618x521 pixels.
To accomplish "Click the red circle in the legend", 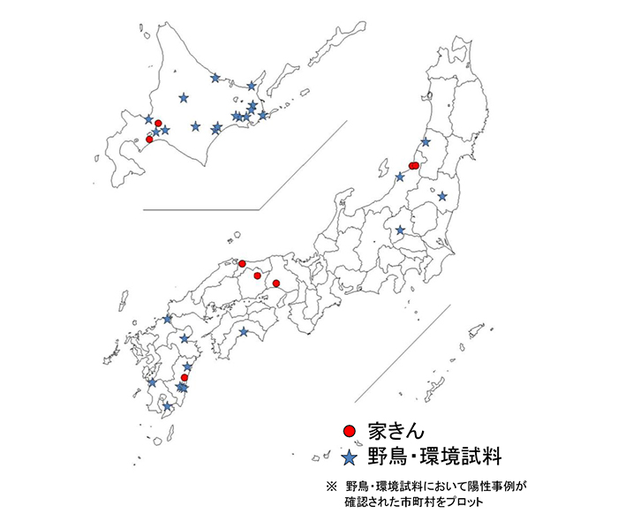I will (350, 430).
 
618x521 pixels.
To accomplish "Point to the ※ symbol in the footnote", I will (331, 485).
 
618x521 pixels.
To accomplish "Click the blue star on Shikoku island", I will (244, 332).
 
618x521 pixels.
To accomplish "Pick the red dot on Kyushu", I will (185, 378).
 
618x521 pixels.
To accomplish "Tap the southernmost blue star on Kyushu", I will (168, 406).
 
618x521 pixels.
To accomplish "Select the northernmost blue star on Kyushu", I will (168, 319).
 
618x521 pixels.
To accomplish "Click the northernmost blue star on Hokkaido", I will (215, 78).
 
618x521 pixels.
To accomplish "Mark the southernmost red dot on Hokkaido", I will (149, 140).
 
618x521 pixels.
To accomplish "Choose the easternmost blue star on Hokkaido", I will (262, 116).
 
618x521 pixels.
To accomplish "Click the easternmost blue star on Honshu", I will (442, 196).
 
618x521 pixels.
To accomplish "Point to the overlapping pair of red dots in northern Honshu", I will (413, 166).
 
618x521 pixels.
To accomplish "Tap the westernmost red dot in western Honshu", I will (242, 263).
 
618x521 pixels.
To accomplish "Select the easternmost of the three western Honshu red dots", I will (276, 283).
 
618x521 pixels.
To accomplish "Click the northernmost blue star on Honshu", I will (426, 142).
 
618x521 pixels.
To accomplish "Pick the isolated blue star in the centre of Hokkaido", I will (184, 97).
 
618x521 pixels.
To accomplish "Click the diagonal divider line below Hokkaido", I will (300, 168).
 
